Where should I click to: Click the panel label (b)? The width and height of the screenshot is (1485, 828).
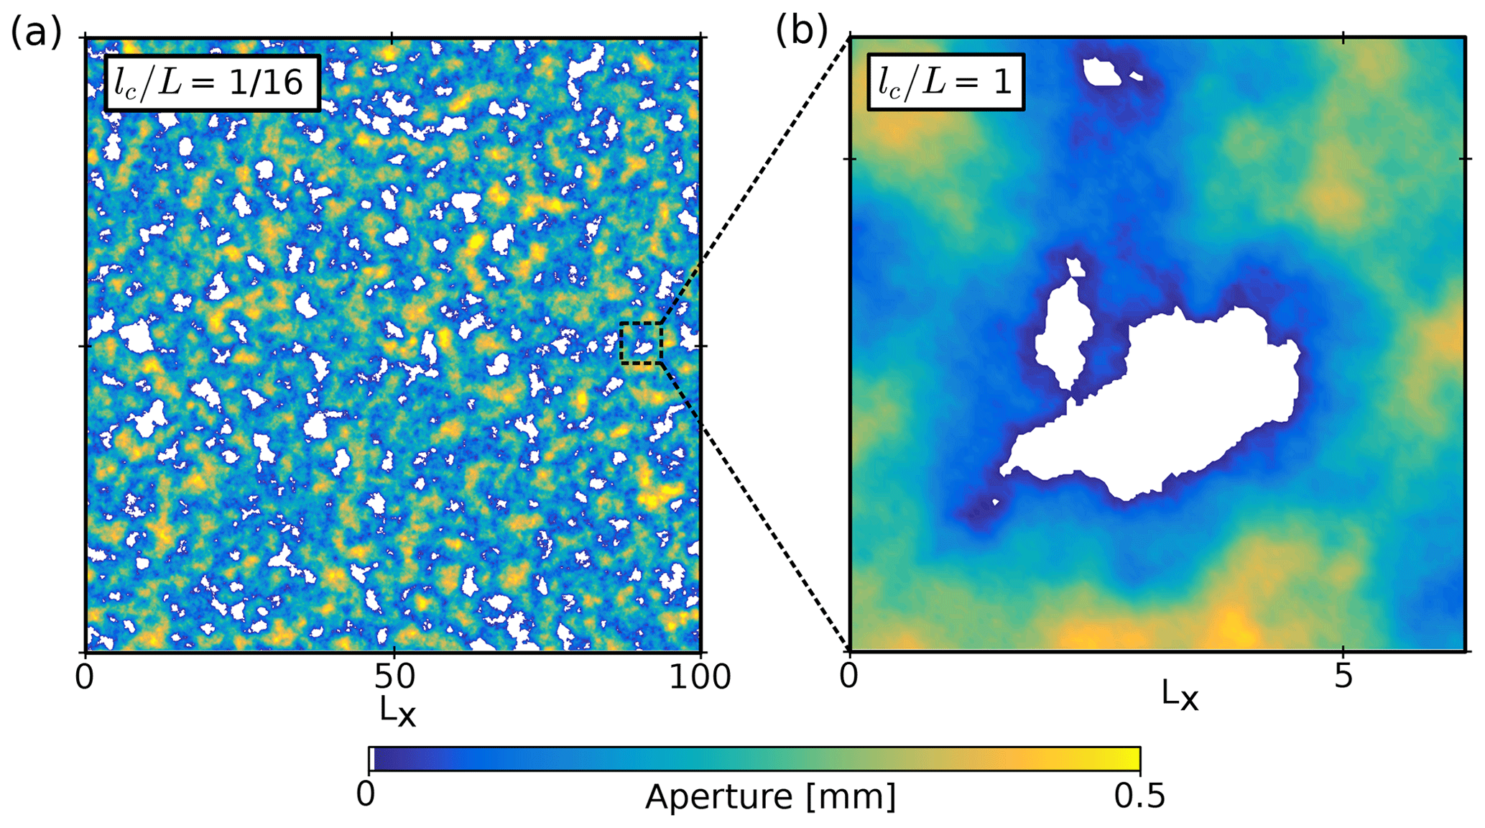point(801,32)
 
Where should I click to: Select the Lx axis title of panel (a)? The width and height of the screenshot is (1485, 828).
point(397,711)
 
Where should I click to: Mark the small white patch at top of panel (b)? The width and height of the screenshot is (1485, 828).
point(1102,72)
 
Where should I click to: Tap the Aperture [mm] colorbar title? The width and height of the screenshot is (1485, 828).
point(770,797)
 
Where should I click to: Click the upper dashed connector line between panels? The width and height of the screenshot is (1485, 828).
point(754,180)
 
